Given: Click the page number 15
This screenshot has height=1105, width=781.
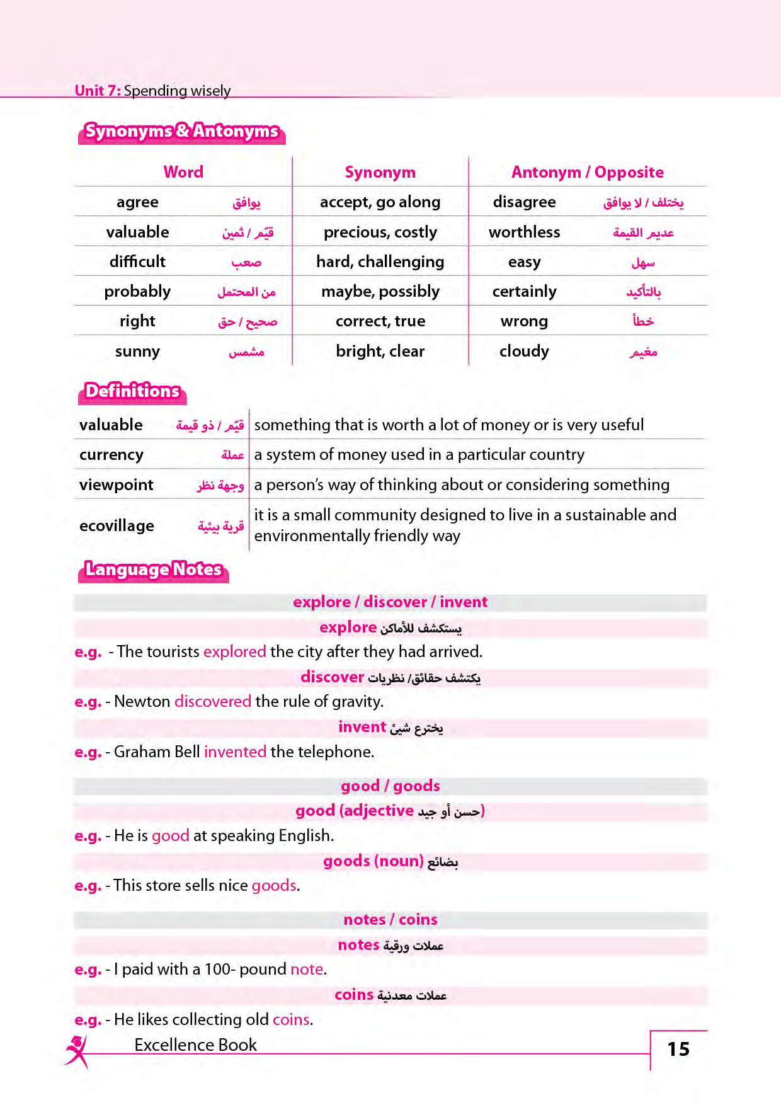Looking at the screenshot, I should click(x=678, y=1049).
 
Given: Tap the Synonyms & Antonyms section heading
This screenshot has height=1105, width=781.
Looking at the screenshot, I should click(x=181, y=131).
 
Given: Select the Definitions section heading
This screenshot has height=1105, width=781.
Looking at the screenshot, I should click(x=132, y=391).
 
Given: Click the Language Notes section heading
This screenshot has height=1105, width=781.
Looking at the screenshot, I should click(x=153, y=570).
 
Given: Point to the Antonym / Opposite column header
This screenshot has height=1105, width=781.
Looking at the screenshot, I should click(x=587, y=172).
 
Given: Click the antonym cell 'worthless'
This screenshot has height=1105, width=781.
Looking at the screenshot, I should click(x=524, y=232).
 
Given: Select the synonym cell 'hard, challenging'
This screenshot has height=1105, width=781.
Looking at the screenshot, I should click(x=380, y=262).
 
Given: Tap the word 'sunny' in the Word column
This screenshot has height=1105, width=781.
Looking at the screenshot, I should click(x=137, y=352).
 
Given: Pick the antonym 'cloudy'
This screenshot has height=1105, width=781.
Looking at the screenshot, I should click(x=524, y=352).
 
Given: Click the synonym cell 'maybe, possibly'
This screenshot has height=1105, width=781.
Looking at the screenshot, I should click(x=380, y=292).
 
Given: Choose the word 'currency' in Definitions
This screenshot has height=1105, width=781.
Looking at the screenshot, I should click(x=111, y=455).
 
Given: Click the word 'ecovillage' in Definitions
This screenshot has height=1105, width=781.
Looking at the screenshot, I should click(x=117, y=526).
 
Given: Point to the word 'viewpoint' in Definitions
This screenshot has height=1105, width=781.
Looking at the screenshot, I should click(x=117, y=485).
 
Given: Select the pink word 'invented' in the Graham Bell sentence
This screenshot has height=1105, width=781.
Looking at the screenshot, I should click(x=235, y=752).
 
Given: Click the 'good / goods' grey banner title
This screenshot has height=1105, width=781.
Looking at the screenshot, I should click(x=390, y=786).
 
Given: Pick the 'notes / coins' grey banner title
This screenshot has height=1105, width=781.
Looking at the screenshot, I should click(x=390, y=920).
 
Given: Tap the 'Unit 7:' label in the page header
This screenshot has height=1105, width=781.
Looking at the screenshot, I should click(x=98, y=91).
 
